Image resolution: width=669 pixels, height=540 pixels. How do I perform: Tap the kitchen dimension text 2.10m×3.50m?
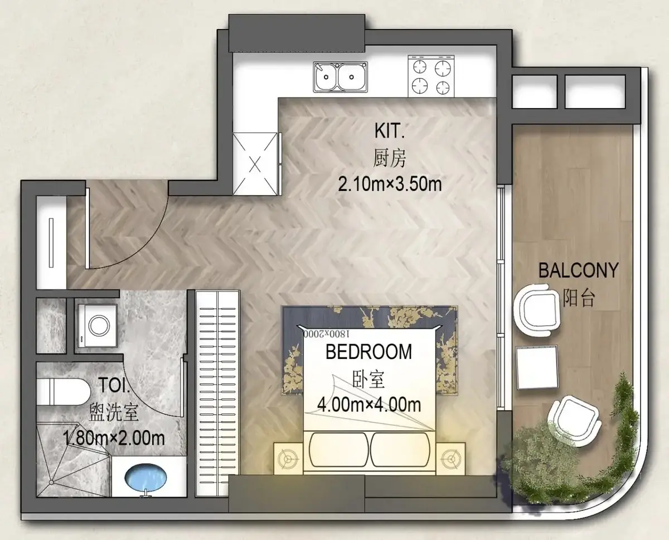click(x=390, y=184)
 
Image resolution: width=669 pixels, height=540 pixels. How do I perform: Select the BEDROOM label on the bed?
click(x=369, y=352)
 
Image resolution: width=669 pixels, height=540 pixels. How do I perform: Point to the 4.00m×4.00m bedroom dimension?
click(x=369, y=405)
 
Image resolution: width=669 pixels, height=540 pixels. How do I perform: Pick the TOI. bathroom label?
click(x=114, y=385)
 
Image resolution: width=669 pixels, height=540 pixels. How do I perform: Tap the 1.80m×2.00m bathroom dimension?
click(x=114, y=438)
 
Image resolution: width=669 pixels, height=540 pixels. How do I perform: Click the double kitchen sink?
click(x=340, y=77)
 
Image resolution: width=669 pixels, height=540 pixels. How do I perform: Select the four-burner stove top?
click(x=431, y=76)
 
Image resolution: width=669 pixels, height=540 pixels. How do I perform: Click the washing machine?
click(x=97, y=325)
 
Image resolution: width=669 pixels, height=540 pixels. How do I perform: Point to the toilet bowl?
click(x=64, y=392)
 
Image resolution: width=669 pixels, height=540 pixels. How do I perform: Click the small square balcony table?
click(x=537, y=367)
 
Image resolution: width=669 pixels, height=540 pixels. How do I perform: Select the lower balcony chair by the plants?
click(x=574, y=420)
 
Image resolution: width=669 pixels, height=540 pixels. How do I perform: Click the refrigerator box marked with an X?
click(x=255, y=164)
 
